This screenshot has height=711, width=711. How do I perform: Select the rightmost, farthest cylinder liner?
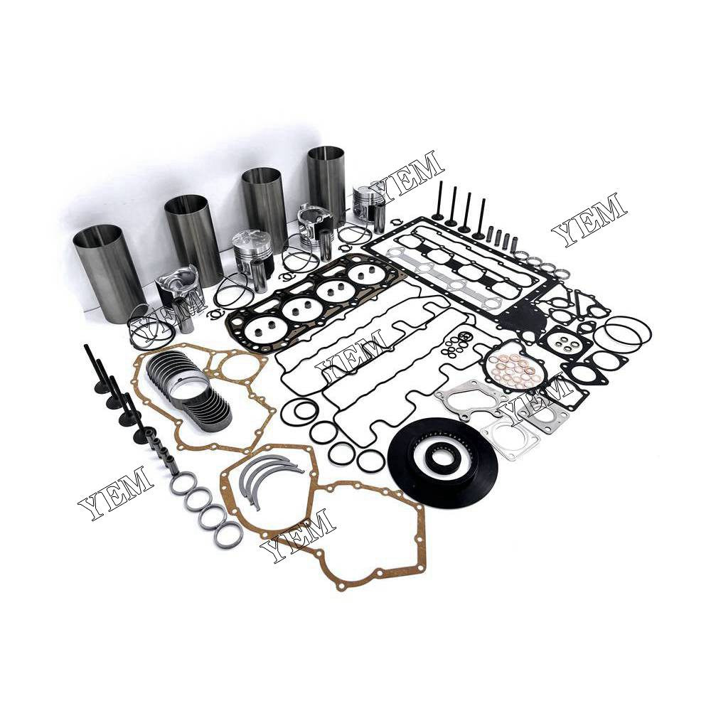(326, 178)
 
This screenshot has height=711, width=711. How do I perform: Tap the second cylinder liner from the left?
(194, 238)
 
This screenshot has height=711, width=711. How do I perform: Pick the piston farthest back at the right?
(369, 203)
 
